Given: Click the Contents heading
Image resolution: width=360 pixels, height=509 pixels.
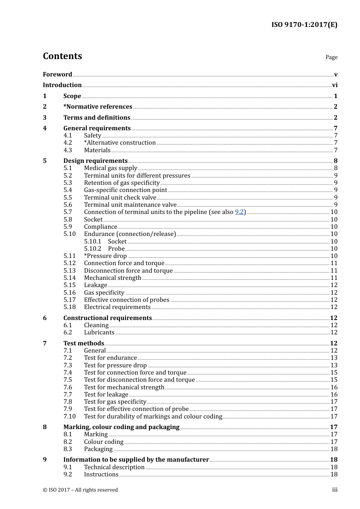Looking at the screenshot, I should [x=62, y=56].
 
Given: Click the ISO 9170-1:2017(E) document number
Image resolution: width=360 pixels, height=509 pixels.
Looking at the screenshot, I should [x=304, y=25].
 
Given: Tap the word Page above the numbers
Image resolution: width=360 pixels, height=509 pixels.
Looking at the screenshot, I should [x=331, y=57].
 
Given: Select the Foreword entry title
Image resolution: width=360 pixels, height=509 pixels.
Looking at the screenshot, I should [x=57, y=74].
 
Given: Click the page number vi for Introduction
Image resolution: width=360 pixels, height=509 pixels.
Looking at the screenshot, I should [x=335, y=85].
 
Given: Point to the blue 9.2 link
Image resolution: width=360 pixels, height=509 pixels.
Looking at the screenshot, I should [x=239, y=212].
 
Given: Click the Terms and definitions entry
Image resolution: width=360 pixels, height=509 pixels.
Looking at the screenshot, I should [x=97, y=118].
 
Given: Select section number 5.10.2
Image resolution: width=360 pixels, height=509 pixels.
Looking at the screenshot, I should [x=92, y=249].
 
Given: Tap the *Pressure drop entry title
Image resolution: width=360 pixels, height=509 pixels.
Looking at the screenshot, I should [x=105, y=256].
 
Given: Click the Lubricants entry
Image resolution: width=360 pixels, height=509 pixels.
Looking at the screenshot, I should [x=99, y=333].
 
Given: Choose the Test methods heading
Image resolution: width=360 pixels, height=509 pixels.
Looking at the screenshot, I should [x=83, y=343].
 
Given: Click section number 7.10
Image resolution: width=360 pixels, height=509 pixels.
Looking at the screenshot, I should [x=70, y=417].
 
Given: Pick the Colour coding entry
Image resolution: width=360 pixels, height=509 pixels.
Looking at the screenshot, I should [x=103, y=442].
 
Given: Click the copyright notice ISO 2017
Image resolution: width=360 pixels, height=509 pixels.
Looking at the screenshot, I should [x=80, y=490].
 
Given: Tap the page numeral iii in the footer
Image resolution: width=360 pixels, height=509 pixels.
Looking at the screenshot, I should [x=335, y=490].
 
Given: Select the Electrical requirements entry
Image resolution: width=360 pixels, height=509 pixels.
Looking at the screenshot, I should [x=117, y=307].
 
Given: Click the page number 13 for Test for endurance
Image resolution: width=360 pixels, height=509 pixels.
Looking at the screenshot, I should [x=333, y=358].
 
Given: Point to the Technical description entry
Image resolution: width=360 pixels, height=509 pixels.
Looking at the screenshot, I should [x=114, y=467].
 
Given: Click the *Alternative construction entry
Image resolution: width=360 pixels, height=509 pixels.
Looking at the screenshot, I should [x=120, y=143].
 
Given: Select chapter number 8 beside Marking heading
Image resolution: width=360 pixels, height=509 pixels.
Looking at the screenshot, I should [x=45, y=427].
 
